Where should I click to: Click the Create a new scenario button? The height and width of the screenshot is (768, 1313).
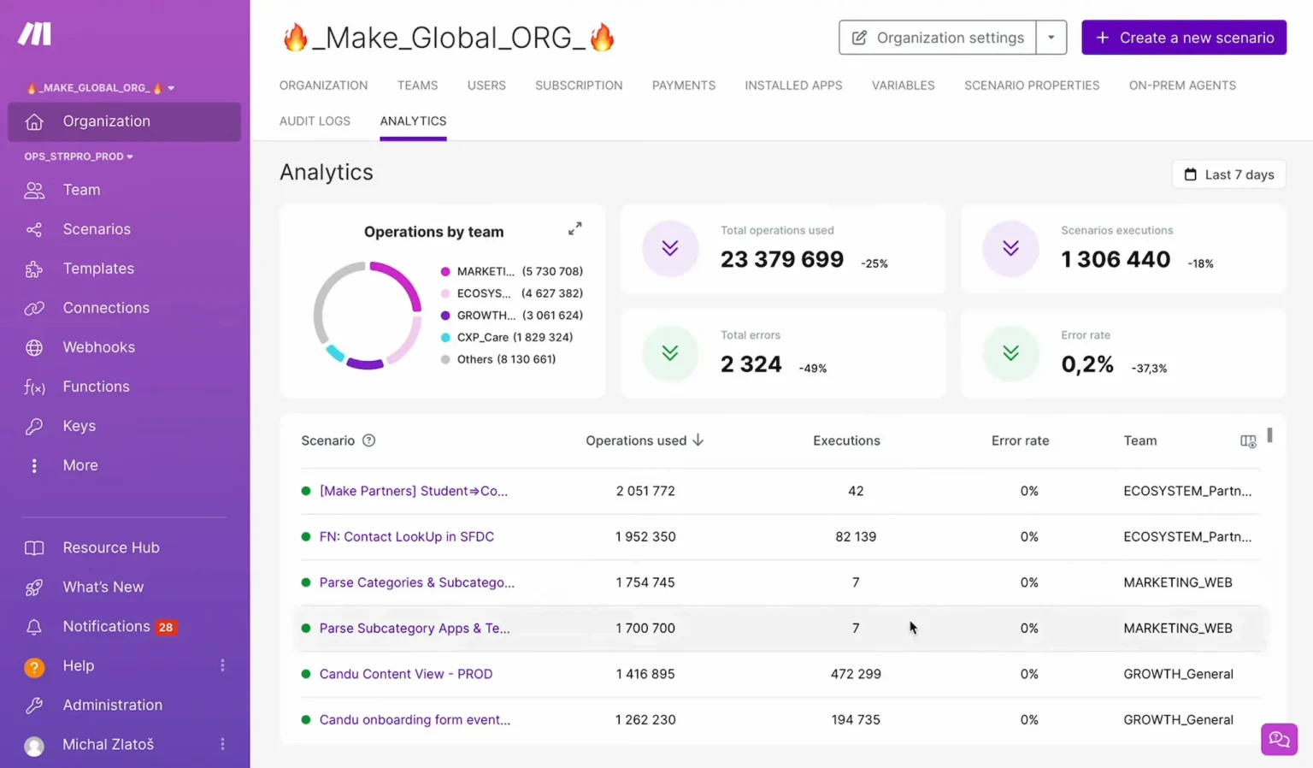pyautogui.click(x=1183, y=38)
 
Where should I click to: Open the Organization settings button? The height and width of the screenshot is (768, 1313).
pyautogui.click(x=938, y=38)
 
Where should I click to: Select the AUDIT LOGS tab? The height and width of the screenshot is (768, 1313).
pyautogui.click(x=315, y=121)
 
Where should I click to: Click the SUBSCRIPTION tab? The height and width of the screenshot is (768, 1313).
pyautogui.click(x=579, y=86)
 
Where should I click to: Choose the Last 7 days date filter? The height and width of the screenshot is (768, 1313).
pyautogui.click(x=1228, y=174)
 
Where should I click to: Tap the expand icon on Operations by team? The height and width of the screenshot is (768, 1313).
pyautogui.click(x=575, y=229)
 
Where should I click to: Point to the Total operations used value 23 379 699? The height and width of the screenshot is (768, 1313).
pyautogui.click(x=781, y=259)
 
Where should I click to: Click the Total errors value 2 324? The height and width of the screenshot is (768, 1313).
pyautogui.click(x=751, y=364)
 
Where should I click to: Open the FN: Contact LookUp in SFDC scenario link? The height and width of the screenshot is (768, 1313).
pyautogui.click(x=406, y=537)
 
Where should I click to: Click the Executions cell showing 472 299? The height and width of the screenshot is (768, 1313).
pyautogui.click(x=855, y=674)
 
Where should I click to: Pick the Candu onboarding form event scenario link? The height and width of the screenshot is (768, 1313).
pyautogui.click(x=415, y=720)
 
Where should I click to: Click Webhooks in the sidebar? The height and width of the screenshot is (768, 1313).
pyautogui.click(x=98, y=347)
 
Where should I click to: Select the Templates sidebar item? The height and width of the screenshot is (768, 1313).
pyautogui.click(x=98, y=269)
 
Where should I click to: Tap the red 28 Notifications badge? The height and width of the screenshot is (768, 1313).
pyautogui.click(x=166, y=627)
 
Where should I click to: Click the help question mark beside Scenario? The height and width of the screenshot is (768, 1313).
pyautogui.click(x=368, y=440)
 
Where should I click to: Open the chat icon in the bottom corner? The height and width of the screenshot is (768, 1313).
pyautogui.click(x=1279, y=739)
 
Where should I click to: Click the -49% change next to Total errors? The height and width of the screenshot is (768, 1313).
pyautogui.click(x=812, y=369)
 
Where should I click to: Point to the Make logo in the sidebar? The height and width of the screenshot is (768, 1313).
pyautogui.click(x=35, y=34)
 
